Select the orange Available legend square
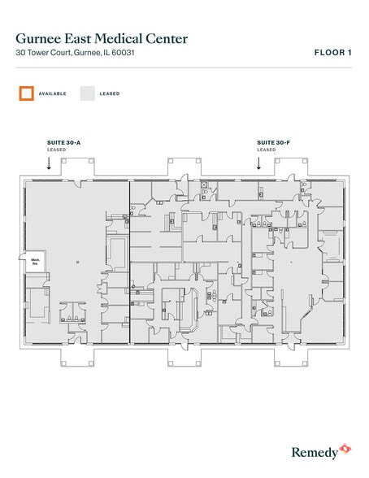point(26,93)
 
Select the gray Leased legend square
point(87,93)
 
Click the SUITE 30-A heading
point(64,142)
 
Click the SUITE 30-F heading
point(272,142)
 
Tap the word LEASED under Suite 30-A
point(56,150)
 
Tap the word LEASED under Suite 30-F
point(265,150)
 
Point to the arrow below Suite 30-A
point(49,163)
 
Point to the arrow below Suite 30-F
point(258,163)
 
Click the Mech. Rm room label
point(36,263)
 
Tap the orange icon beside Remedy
point(345,446)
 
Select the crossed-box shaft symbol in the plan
point(203,184)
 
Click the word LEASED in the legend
point(110,94)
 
